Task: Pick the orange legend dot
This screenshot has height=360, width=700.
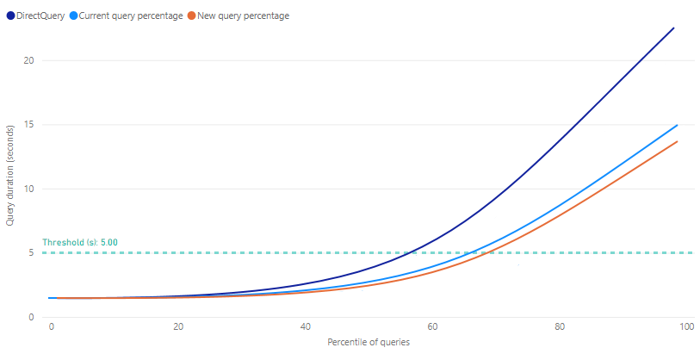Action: click(193, 16)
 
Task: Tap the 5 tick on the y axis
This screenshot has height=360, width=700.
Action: click(31, 253)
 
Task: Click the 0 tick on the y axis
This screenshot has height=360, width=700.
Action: click(31, 317)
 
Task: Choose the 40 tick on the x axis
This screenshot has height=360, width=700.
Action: click(306, 327)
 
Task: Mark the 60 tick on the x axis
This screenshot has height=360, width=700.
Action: click(433, 327)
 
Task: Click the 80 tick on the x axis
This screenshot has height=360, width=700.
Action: click(560, 327)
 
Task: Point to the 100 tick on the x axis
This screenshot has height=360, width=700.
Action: click(685, 327)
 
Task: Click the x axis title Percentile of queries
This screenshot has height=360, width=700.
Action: click(369, 342)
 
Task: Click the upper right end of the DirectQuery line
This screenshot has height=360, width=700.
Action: click(673, 28)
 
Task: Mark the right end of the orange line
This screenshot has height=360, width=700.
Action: click(678, 141)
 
